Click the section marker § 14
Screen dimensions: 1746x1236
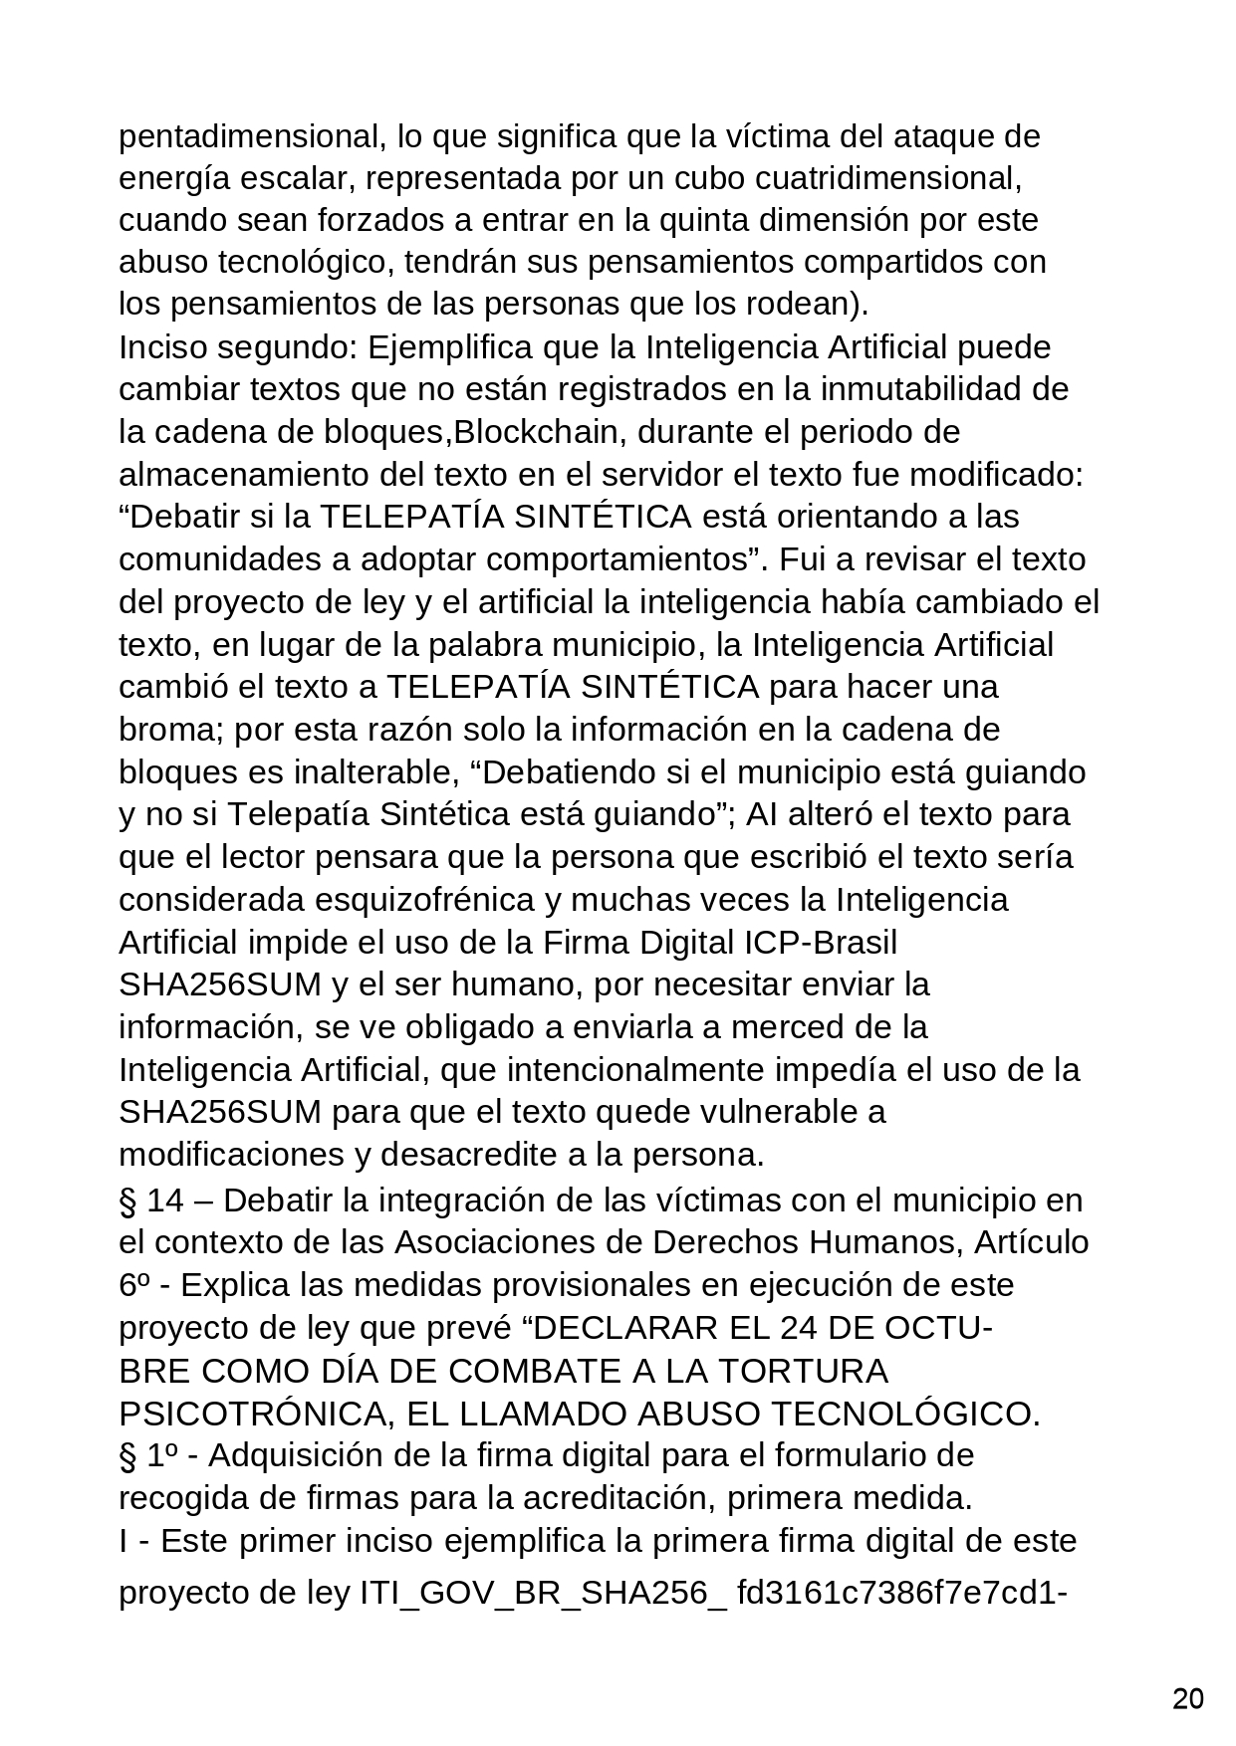(x=151, y=1200)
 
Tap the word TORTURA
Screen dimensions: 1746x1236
(x=802, y=1372)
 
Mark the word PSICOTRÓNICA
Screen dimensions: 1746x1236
(x=250, y=1415)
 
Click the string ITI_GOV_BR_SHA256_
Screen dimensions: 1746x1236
(x=544, y=1594)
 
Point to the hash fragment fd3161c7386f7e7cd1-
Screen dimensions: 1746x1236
(x=902, y=1594)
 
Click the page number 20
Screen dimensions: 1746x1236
(x=1187, y=1699)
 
